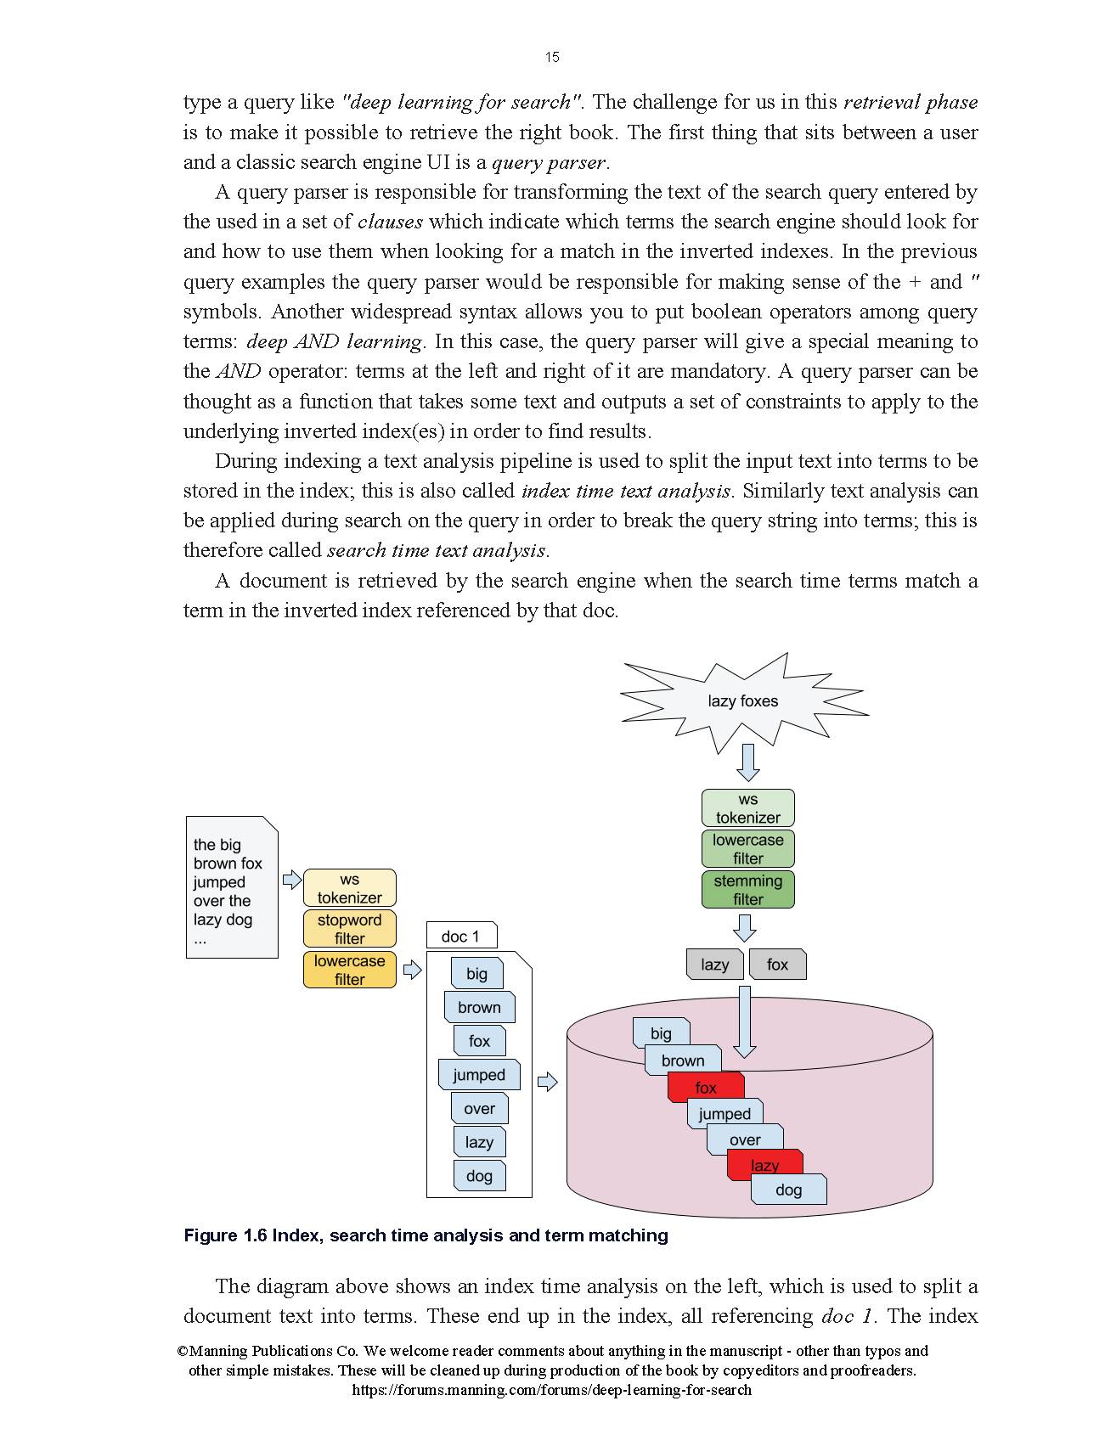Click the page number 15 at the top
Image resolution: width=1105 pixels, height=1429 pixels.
tap(552, 57)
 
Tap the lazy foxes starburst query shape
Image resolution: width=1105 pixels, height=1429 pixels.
tap(742, 701)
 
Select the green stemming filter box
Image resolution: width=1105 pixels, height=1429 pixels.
tap(747, 890)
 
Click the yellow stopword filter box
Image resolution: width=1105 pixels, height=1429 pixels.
tap(349, 929)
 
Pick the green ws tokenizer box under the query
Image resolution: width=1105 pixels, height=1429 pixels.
tap(747, 808)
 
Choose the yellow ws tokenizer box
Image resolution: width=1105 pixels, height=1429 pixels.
tap(349, 888)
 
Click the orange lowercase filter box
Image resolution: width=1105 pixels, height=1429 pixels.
tap(349, 970)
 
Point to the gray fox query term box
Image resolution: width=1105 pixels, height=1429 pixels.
tap(777, 965)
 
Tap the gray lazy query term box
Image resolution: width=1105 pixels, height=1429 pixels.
tap(714, 965)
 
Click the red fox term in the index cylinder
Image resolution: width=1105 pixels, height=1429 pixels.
tap(706, 1088)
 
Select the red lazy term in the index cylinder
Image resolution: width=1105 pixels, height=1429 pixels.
tap(764, 1163)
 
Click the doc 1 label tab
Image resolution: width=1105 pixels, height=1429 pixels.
tap(461, 937)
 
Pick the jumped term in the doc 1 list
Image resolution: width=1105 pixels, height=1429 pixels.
tap(479, 1075)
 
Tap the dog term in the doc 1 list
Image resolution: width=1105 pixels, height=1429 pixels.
tap(479, 1176)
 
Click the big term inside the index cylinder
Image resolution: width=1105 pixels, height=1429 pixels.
tap(661, 1032)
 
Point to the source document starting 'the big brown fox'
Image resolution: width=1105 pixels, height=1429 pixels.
tap(232, 887)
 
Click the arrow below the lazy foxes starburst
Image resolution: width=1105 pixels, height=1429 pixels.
tap(747, 762)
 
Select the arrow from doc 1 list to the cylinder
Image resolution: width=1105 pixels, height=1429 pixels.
tap(548, 1082)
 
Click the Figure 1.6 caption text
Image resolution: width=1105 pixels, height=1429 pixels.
tap(426, 1235)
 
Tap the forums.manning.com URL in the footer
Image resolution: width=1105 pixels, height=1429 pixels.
tap(551, 1390)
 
